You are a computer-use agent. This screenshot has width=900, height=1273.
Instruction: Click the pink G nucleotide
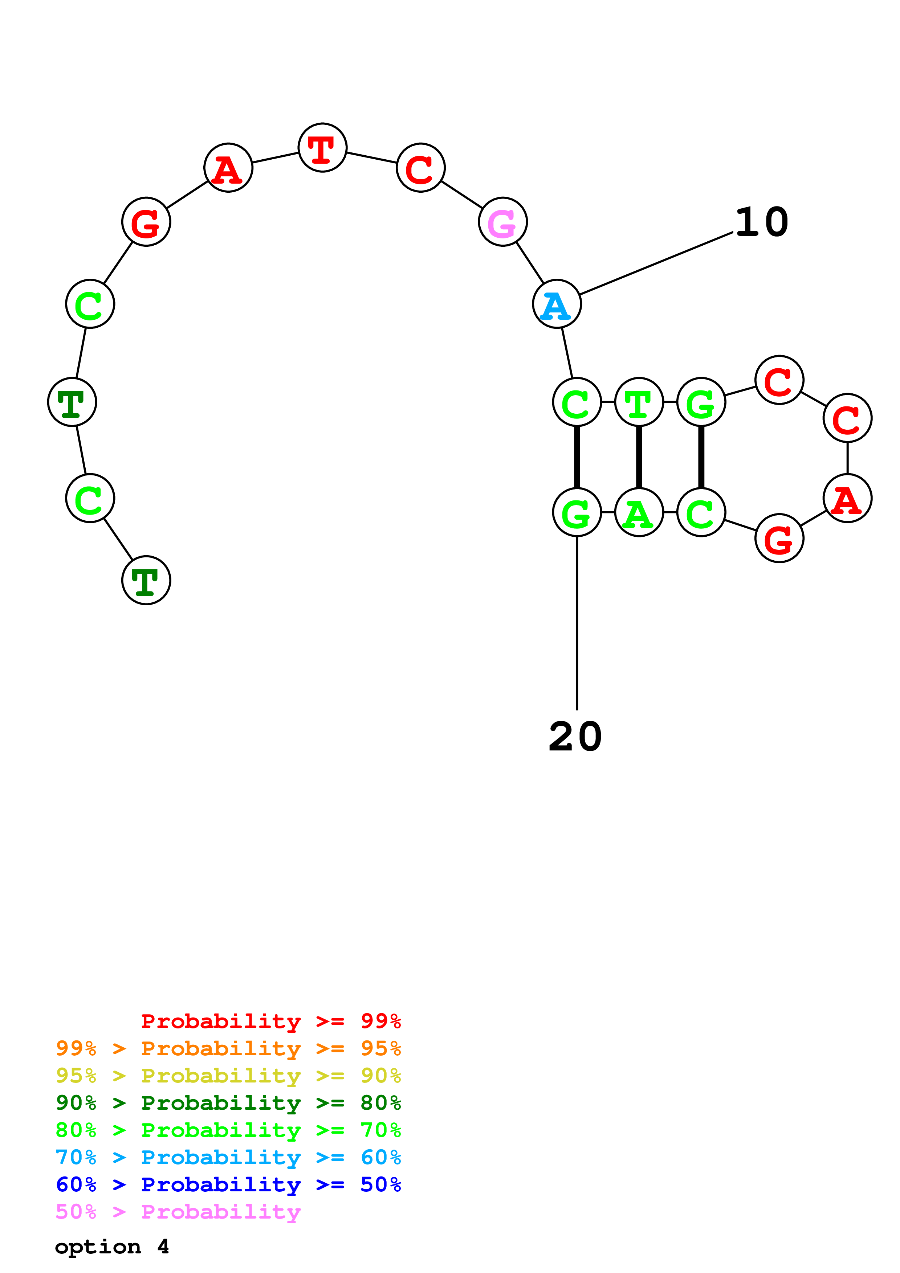(x=502, y=222)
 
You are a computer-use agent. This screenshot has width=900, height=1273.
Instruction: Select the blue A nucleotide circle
(x=557, y=304)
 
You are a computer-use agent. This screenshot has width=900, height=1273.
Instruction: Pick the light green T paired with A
(x=639, y=402)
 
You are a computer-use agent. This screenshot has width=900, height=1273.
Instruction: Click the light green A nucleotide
(x=639, y=512)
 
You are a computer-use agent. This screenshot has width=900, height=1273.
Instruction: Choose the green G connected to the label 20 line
(x=577, y=512)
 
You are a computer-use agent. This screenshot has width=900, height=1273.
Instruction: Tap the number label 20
(x=575, y=737)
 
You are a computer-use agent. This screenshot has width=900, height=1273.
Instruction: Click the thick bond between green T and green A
(x=639, y=457)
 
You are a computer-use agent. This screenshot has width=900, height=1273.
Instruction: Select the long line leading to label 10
(x=656, y=263)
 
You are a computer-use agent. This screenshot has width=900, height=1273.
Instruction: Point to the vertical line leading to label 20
(x=577, y=623)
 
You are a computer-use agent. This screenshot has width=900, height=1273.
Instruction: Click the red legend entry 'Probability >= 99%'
(x=271, y=1021)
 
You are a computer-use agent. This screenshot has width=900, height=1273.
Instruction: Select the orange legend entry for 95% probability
(x=228, y=1048)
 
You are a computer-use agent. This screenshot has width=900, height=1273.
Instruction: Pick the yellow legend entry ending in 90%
(x=228, y=1075)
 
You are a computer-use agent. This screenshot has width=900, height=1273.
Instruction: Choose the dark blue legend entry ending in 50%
(x=228, y=1184)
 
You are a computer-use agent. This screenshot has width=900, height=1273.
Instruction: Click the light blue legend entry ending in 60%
(x=228, y=1157)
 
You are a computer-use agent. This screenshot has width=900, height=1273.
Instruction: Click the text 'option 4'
(x=112, y=1247)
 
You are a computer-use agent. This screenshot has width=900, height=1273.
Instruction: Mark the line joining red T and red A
(x=275, y=157)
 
